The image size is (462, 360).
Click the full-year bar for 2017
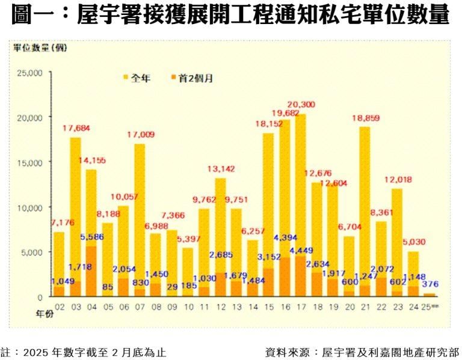(x=300, y=180)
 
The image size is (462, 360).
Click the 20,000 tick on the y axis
(x=29, y=117)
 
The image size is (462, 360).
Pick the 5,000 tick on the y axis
(x=31, y=252)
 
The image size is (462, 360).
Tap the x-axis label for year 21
(x=365, y=307)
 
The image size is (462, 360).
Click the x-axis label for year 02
(x=60, y=307)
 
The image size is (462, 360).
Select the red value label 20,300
(x=301, y=104)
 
